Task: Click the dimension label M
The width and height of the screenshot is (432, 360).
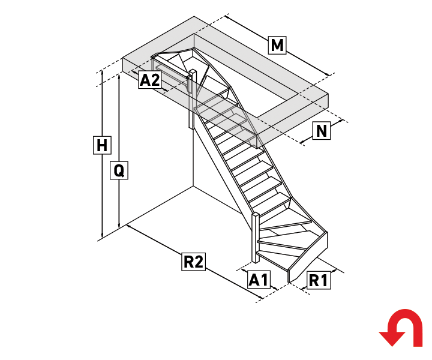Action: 277,45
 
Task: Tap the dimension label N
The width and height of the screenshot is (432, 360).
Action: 322,131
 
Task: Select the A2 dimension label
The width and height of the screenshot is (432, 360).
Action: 149,80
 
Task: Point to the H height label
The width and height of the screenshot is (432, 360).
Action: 102,145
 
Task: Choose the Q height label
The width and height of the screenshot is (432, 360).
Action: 119,170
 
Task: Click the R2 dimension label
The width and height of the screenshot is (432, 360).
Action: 193,262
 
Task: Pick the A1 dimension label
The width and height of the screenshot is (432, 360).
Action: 259,280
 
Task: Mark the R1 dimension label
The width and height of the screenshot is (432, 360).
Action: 319,280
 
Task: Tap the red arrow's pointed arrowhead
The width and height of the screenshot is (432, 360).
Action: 392,339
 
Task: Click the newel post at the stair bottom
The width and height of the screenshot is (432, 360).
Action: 256,238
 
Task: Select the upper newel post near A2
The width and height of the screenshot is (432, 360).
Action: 192,98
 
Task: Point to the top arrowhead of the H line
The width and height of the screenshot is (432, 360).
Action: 102,73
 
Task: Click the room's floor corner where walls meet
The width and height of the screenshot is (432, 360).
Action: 193,187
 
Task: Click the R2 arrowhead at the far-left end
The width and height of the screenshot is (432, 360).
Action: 129,226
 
